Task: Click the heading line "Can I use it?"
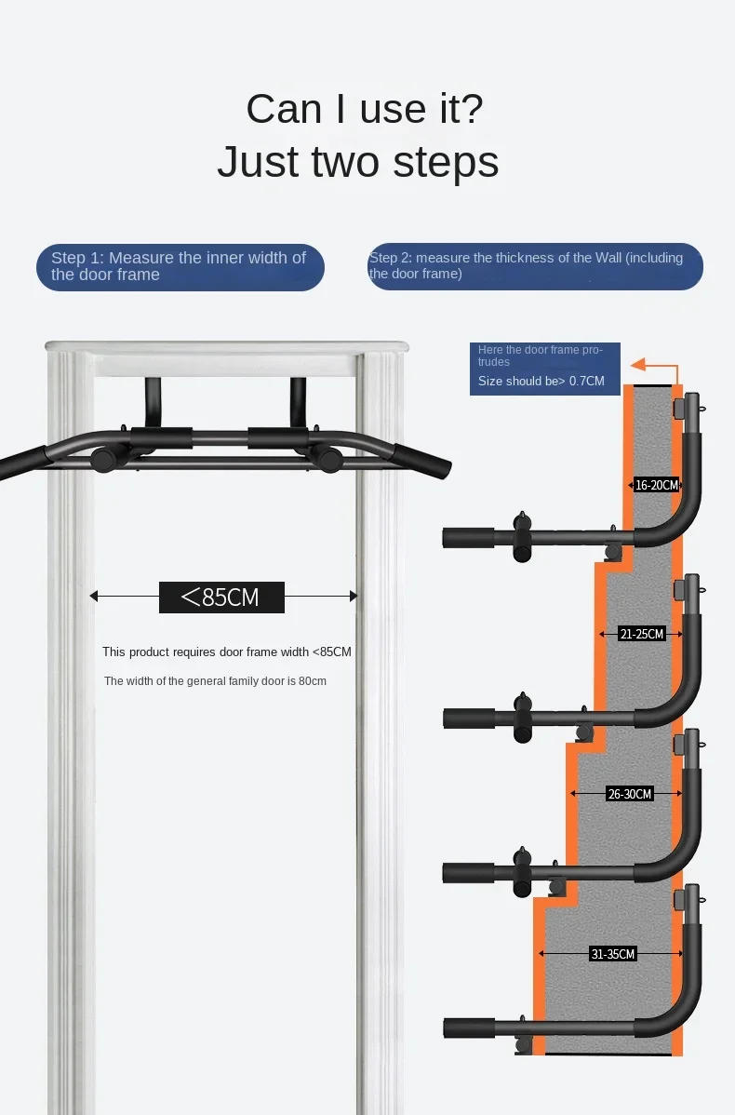[364, 109]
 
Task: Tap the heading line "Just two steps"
[357, 161]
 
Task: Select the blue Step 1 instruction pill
[180, 267]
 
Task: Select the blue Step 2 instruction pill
[534, 266]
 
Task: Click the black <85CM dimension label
[221, 597]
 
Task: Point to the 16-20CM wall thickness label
[657, 484]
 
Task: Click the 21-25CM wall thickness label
[642, 634]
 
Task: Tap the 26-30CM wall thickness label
[630, 794]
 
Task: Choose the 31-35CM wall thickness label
[613, 954]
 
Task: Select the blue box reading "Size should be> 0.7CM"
[544, 369]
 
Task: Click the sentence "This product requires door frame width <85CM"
[227, 652]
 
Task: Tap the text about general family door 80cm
[215, 681]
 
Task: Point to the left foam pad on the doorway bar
[160, 438]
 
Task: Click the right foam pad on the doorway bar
[277, 438]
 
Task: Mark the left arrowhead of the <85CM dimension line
[94, 597]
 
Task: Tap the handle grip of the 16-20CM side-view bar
[470, 537]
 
